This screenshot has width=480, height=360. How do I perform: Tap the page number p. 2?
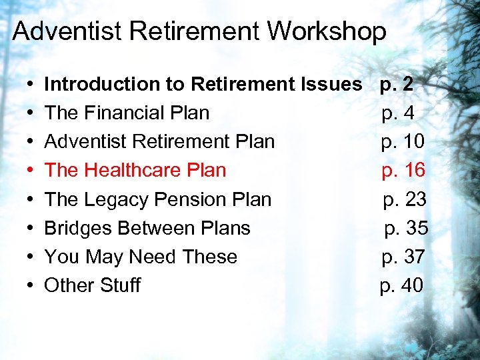click(x=397, y=85)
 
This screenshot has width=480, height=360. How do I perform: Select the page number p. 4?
click(x=398, y=113)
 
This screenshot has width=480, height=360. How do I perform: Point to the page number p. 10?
click(x=403, y=142)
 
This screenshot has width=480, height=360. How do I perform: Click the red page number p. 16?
click(x=403, y=171)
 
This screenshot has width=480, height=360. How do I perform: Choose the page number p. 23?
click(x=405, y=199)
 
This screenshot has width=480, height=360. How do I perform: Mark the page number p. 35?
click(x=407, y=228)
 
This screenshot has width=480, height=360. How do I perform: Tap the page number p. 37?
click(x=403, y=257)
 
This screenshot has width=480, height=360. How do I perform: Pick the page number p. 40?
click(x=401, y=285)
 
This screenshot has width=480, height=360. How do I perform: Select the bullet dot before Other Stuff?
click(x=31, y=286)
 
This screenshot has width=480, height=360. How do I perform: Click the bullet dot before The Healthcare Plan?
click(x=31, y=171)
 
